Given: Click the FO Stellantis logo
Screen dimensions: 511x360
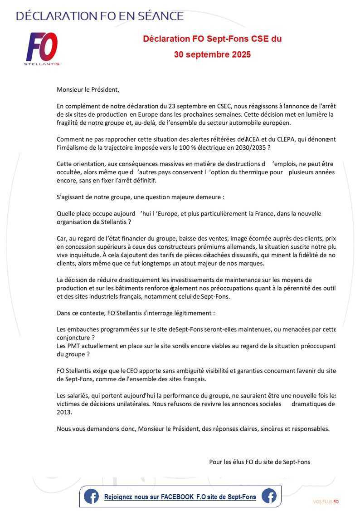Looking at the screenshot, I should [x=42, y=49].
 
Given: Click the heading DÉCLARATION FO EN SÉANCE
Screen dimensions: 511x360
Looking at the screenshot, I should [x=100, y=16].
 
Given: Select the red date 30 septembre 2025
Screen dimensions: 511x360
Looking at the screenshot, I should [x=212, y=55].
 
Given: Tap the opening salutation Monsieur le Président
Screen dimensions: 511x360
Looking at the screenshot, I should [x=88, y=90].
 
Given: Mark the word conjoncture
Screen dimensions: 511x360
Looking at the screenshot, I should [x=73, y=338].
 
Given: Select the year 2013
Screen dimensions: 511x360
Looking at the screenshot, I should [x=64, y=412].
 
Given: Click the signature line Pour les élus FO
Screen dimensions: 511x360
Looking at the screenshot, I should [x=259, y=462].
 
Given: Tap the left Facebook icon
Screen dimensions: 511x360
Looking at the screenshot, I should [x=91, y=496].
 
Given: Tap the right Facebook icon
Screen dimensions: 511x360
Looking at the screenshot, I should [x=269, y=496].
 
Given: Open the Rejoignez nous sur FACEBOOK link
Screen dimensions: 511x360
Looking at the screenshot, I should [x=180, y=497].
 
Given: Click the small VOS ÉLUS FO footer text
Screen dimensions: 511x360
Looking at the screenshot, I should [x=326, y=501].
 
